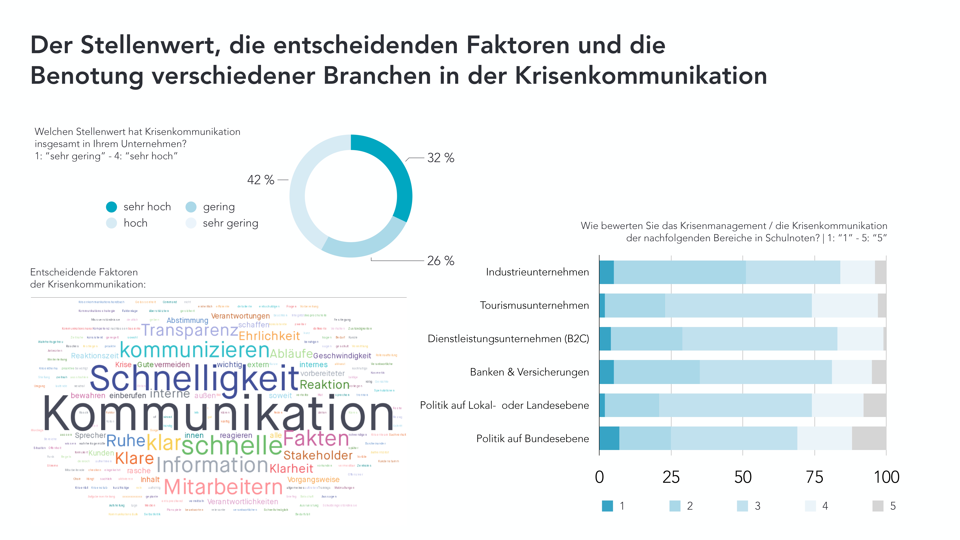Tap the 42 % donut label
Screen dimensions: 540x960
pos(261,180)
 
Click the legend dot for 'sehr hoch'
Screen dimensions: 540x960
pos(111,207)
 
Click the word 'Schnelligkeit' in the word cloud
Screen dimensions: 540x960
pos(195,378)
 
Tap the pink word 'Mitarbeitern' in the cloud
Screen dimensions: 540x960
pos(223,487)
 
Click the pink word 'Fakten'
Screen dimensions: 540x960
pos(316,439)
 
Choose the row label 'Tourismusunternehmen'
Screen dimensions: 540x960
pos(534,306)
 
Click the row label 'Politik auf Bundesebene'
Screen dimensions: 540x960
pos(533,439)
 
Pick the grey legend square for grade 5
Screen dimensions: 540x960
pos(878,506)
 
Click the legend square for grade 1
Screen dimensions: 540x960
pos(607,506)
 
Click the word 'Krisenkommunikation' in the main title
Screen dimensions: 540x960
pos(641,76)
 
